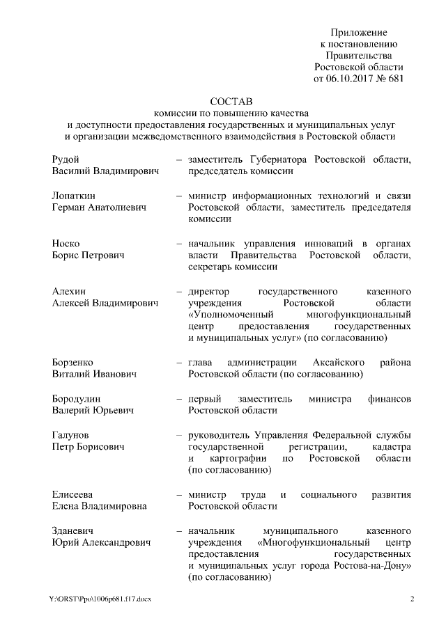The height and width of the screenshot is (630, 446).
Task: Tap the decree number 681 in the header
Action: click(x=395, y=79)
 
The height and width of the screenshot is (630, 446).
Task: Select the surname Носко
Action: click(x=66, y=244)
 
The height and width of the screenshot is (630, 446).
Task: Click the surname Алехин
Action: click(x=69, y=291)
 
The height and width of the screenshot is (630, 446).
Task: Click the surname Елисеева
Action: click(x=73, y=494)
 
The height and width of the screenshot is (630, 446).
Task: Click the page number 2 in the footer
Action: click(x=411, y=599)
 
